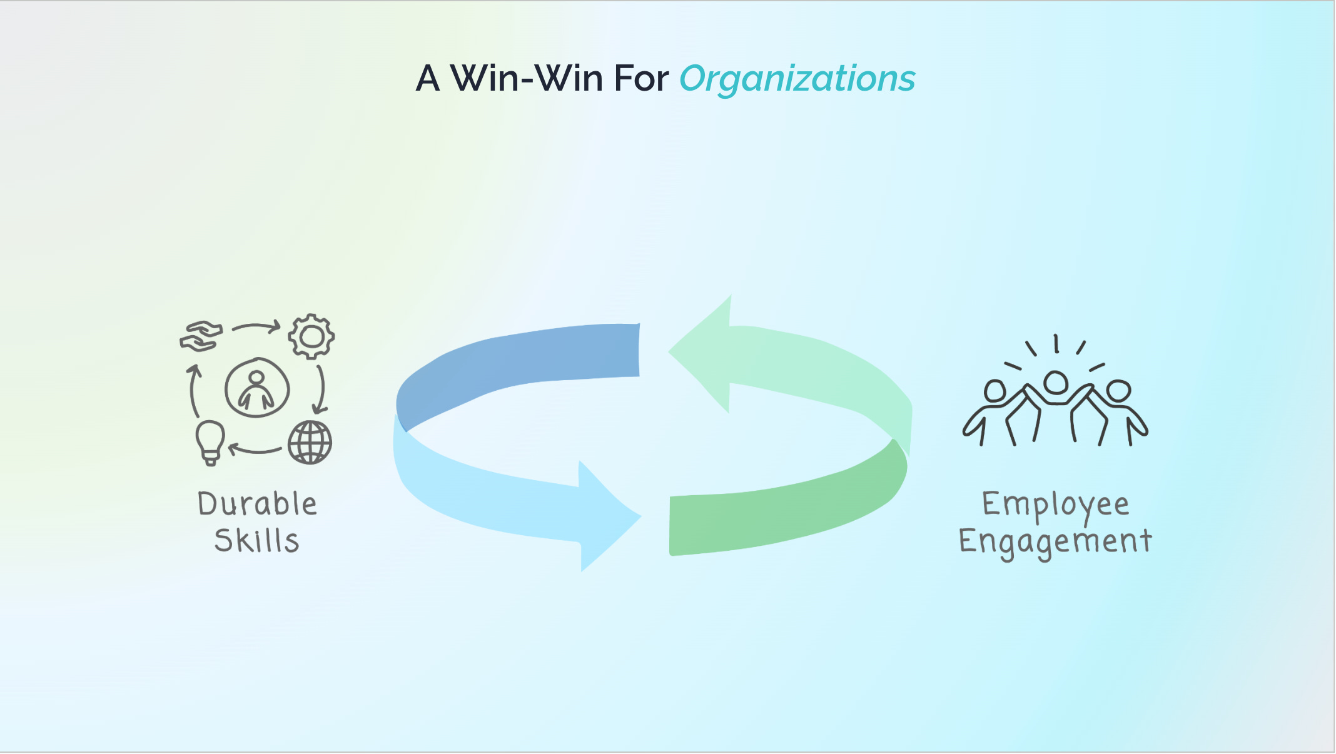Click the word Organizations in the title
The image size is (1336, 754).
coord(797,79)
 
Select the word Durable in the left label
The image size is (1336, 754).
coord(257,504)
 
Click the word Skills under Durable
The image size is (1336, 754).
coord(256,541)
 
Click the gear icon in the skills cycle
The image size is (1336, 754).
coord(311,336)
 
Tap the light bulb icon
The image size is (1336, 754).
coord(210,441)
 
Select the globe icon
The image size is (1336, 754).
coord(310,443)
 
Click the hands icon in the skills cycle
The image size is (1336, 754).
coord(201,336)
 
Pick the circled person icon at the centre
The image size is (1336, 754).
coord(257,388)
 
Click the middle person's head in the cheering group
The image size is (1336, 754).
coord(1056,382)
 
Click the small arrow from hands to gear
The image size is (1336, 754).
coord(256,327)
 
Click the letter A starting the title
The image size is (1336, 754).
coord(428,79)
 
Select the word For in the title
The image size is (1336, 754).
coord(641,79)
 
